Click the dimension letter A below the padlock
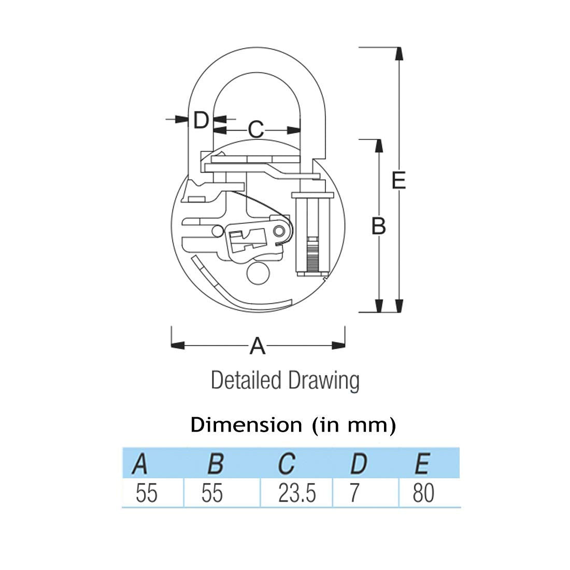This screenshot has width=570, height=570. (x=258, y=346)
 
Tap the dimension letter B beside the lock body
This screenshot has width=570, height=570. (x=378, y=226)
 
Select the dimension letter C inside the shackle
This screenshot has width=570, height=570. (x=256, y=130)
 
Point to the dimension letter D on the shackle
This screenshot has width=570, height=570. (x=201, y=120)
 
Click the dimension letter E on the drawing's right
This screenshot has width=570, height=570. (x=399, y=180)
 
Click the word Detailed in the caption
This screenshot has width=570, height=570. (x=246, y=380)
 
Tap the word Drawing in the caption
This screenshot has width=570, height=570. (x=324, y=381)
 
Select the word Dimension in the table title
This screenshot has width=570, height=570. (x=246, y=424)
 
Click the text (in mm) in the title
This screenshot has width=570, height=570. (x=354, y=424)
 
